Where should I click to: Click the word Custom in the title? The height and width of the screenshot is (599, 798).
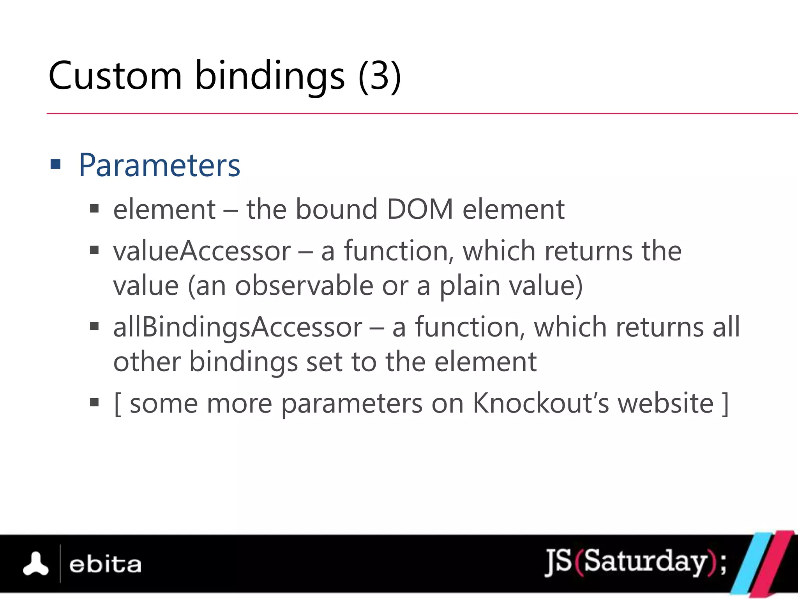[115, 76]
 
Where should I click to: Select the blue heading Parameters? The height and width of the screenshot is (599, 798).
[159, 165]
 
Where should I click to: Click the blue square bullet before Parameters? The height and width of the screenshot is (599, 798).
[56, 165]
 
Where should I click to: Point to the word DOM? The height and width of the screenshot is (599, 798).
[420, 209]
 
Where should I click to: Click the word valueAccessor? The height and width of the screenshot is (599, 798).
[202, 251]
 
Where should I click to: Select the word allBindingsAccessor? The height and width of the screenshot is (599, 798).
[238, 327]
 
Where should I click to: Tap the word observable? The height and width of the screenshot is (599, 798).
[304, 285]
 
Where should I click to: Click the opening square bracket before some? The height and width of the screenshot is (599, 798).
[117, 404]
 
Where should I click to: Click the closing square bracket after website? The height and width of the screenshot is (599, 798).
[725, 404]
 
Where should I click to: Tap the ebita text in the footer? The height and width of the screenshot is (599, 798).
[105, 565]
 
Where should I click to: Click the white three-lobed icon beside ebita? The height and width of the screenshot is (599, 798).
[36, 564]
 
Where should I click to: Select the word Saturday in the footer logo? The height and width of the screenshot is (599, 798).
[645, 562]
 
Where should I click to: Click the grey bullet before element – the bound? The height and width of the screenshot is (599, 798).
[94, 209]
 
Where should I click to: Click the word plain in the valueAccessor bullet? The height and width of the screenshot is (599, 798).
[470, 285]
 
